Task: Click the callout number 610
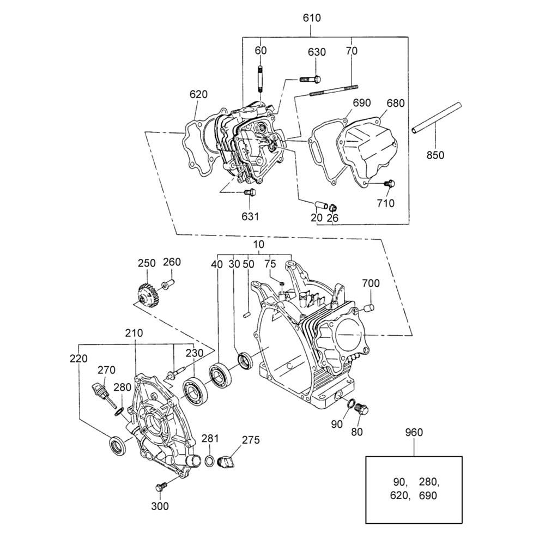click(312, 18)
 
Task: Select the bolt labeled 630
click(311, 80)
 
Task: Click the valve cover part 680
click(366, 149)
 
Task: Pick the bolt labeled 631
click(250, 192)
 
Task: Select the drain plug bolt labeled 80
click(362, 409)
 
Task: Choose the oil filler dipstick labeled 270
click(103, 395)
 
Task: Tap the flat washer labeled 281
click(210, 461)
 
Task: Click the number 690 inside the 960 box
click(427, 495)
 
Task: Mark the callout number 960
click(414, 432)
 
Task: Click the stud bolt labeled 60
click(261, 79)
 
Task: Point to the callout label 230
click(195, 353)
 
